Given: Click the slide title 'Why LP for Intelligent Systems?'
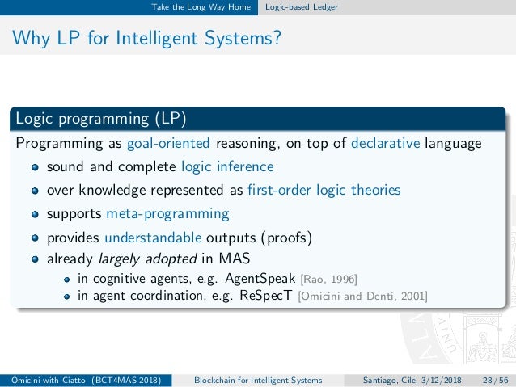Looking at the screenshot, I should click(x=149, y=38).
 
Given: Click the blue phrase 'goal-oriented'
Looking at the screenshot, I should click(x=167, y=144).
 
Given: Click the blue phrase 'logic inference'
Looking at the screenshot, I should click(x=227, y=167).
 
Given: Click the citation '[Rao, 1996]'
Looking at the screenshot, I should click(x=328, y=280).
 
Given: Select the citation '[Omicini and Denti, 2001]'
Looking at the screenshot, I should click(x=363, y=297).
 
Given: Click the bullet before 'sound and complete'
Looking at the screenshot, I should click(x=35, y=168).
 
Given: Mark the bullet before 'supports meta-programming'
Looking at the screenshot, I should click(x=35, y=215).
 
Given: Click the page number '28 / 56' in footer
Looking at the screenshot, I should click(x=494, y=380).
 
